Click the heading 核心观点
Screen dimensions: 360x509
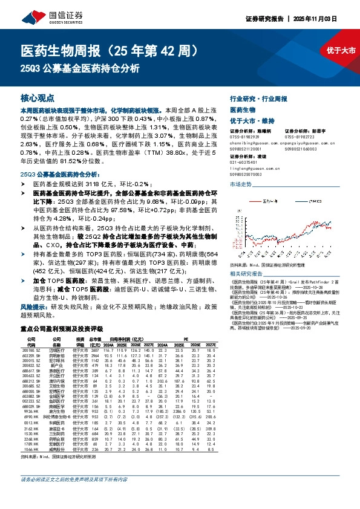pos(38,97)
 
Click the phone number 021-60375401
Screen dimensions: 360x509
pos(247,163)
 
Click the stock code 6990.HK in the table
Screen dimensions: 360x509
pos(31,417)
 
